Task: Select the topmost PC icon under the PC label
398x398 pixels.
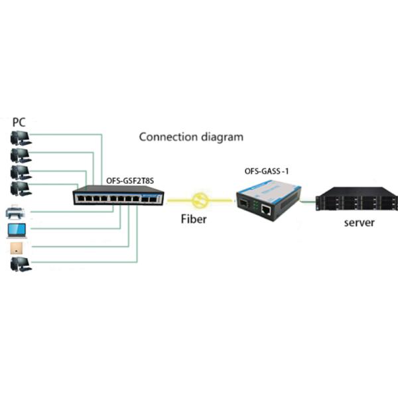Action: (21, 139)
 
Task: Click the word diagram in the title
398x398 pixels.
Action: (220, 137)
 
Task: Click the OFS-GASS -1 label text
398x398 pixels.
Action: (267, 173)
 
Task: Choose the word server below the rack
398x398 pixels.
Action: (359, 222)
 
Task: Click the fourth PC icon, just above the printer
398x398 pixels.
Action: (21, 189)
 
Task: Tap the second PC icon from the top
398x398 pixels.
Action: (21, 156)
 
